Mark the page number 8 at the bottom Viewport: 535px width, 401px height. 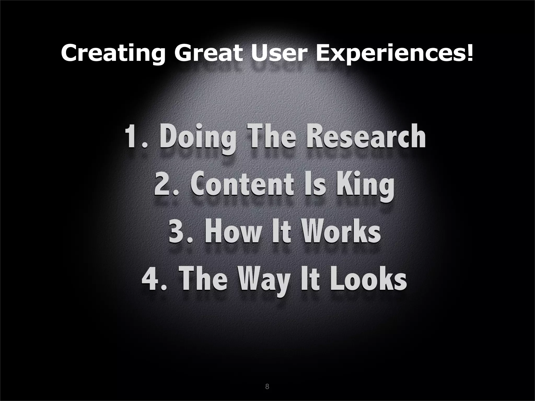(267, 387)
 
